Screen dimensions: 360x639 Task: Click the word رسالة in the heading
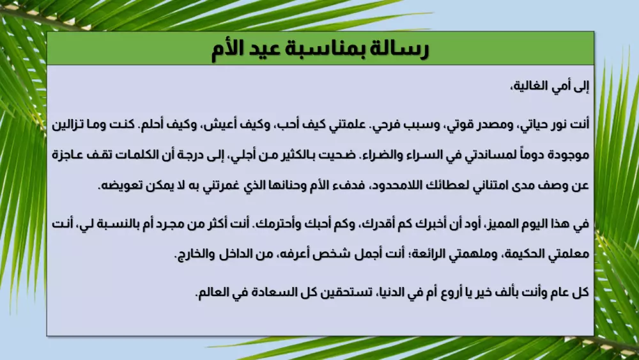398,49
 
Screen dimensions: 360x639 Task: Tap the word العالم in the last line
218,293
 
